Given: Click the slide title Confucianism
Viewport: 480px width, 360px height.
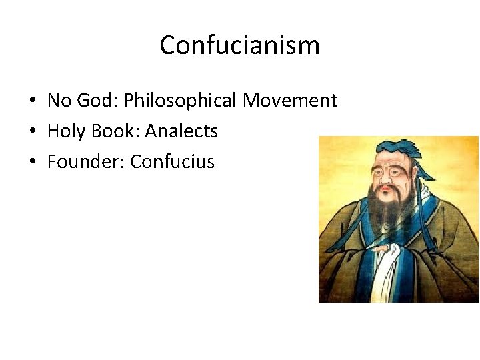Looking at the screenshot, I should tap(240, 45).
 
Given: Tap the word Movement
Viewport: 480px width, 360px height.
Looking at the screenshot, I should tap(290, 101).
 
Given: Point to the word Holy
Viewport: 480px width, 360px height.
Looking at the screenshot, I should tap(65, 131).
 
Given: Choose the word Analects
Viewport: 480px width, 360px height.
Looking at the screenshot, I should tap(181, 131).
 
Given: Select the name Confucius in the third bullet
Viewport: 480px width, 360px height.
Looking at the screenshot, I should tap(173, 161).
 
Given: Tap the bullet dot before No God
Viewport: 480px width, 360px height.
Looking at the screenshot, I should tap(32, 101).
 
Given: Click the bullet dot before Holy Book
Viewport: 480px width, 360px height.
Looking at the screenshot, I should tap(32, 132).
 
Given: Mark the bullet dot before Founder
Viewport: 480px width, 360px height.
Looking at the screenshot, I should tap(32, 162).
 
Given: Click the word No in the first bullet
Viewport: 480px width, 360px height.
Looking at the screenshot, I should tap(58, 101).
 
